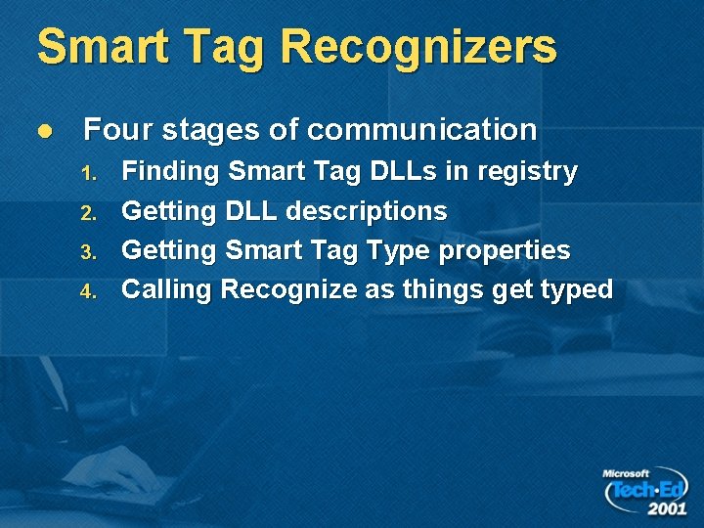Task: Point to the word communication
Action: point(421,129)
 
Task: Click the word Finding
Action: point(170,173)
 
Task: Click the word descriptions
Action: point(366,211)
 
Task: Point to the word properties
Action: point(505,251)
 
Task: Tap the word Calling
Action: point(167,290)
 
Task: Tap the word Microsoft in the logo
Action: point(626,474)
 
